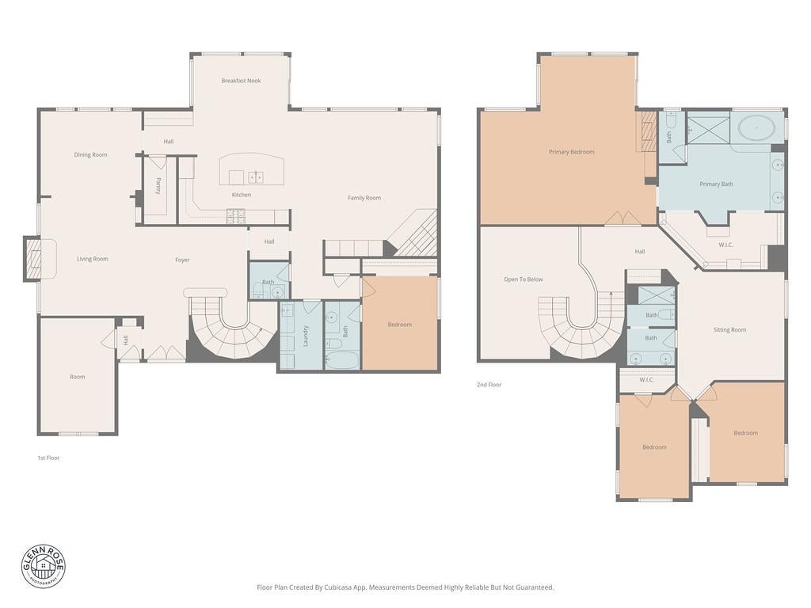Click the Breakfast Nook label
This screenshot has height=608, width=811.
point(241,81)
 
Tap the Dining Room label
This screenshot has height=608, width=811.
point(90,154)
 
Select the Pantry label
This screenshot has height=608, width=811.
point(158,185)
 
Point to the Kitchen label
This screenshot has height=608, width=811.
point(242,195)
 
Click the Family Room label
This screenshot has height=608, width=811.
point(364,198)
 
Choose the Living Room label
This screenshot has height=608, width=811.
point(93,259)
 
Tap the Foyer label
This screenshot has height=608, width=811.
point(182,260)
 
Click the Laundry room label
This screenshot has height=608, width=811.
point(306,336)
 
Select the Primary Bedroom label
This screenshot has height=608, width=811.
point(572,152)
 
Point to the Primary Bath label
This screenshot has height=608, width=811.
point(716,184)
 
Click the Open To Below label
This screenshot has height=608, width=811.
point(524,279)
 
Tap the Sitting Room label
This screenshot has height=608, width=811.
point(729,330)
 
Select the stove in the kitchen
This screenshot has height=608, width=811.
point(235,216)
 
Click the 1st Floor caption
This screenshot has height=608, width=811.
point(48,458)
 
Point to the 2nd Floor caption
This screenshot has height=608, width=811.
point(489,385)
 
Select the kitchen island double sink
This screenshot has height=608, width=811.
point(256,177)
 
